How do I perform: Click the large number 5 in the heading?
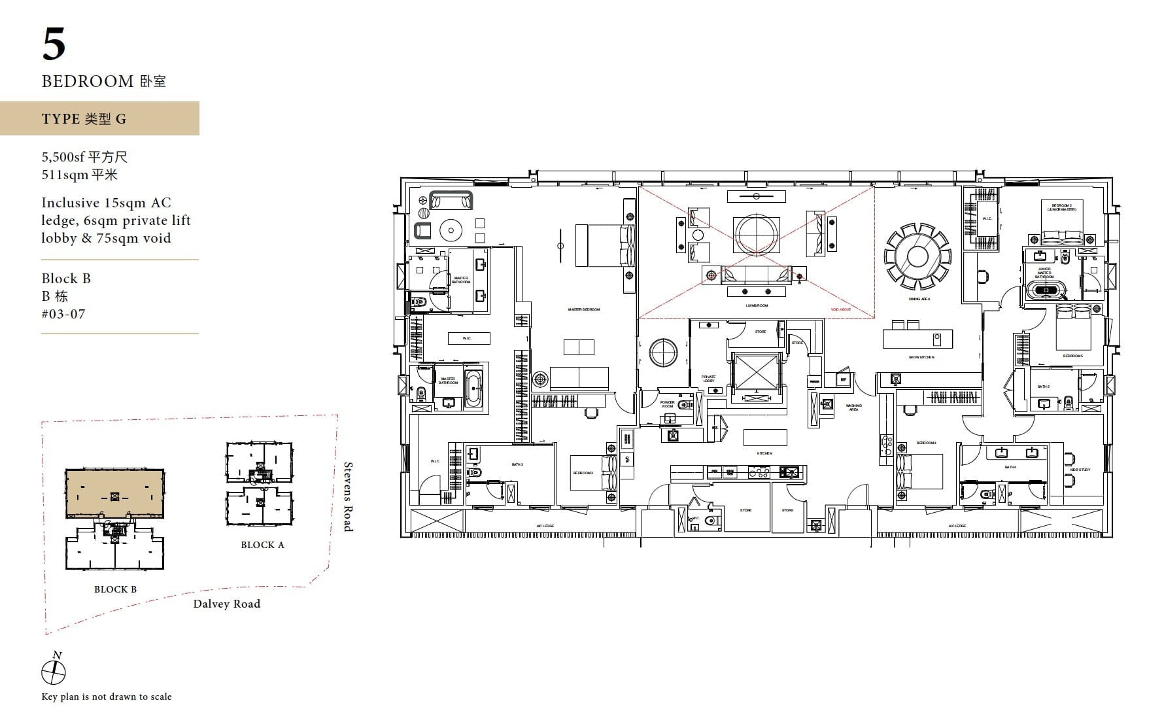(x=54, y=44)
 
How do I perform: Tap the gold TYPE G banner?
(x=99, y=118)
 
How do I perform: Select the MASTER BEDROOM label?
(x=583, y=309)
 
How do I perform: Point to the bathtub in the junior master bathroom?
(x=1044, y=290)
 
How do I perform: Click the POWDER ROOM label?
(x=667, y=404)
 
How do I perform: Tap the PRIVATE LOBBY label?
(x=708, y=378)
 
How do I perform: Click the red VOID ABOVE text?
(x=840, y=309)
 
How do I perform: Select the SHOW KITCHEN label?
(x=921, y=357)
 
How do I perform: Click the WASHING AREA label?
(x=853, y=407)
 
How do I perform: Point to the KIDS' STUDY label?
(x=1080, y=470)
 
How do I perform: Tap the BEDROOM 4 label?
(x=926, y=443)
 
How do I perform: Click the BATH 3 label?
(x=517, y=464)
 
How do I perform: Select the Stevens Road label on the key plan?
(x=349, y=496)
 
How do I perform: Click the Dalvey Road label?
(x=226, y=604)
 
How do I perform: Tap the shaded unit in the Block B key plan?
(x=114, y=493)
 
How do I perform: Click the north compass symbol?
(x=54, y=672)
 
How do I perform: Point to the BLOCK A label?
(x=262, y=545)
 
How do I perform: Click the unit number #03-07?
(x=63, y=313)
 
